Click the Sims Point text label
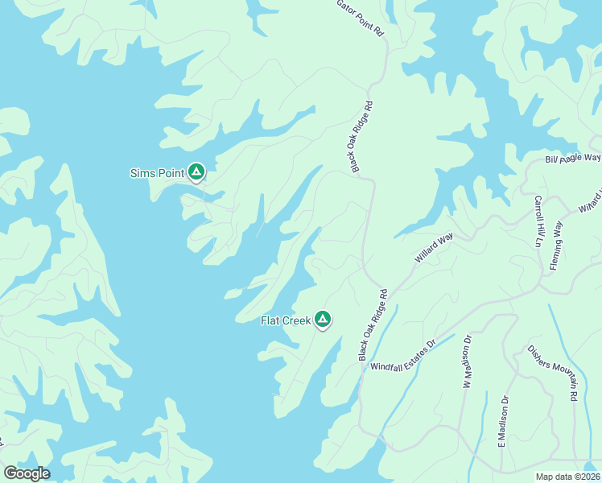tap(157, 172)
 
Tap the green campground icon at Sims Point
tap(196, 171)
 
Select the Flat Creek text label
tap(285, 320)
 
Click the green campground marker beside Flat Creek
tap(323, 320)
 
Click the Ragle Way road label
tap(573, 159)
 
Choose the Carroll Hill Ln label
tap(538, 220)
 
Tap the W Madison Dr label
tap(466, 364)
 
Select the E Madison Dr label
tap(503, 421)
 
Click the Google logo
tap(26, 473)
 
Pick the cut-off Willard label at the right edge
tap(591, 201)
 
